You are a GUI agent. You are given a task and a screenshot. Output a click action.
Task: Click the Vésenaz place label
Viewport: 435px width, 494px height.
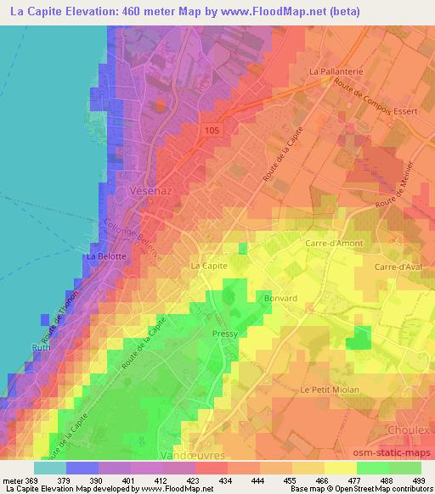pos(154,193)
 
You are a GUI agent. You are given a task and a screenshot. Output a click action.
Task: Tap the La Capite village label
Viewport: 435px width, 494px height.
pos(208,266)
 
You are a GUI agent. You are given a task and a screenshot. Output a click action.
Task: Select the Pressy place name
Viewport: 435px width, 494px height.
pos(224,334)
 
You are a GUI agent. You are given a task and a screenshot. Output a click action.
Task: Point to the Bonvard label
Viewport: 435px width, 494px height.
pos(280,299)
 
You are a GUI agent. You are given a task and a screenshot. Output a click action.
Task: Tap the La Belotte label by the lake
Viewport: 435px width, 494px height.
pos(107,255)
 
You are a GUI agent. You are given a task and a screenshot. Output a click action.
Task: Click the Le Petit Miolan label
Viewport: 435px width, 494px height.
pos(330,389)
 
